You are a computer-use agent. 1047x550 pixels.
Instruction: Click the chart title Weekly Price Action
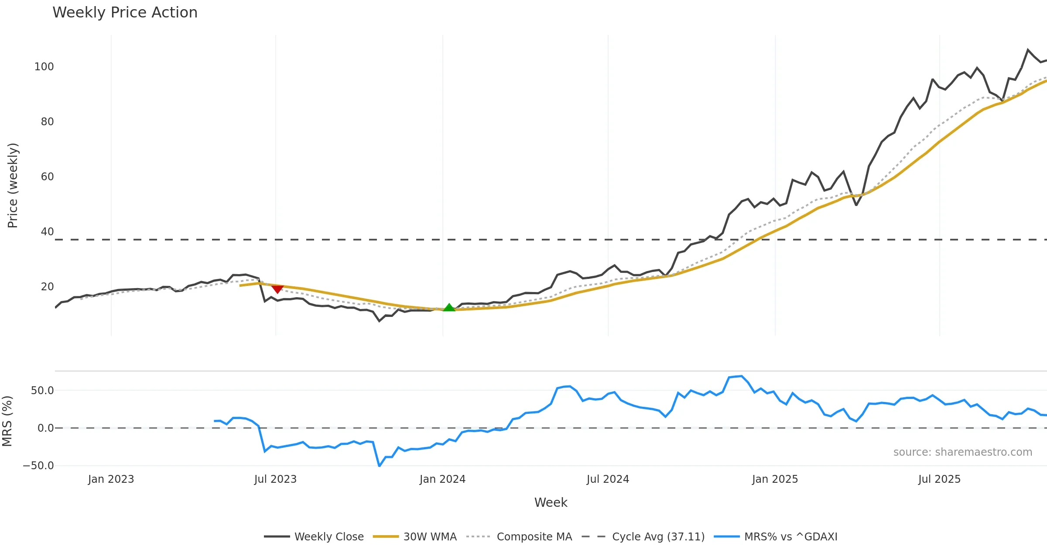pos(125,13)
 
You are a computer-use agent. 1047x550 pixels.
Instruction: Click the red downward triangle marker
pos(277,289)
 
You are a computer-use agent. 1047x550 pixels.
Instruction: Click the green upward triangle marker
pos(449,307)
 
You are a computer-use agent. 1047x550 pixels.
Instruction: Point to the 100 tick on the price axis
pos(44,67)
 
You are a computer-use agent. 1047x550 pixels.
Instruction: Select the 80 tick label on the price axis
pos(47,122)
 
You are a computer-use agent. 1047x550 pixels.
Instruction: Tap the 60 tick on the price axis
pos(47,177)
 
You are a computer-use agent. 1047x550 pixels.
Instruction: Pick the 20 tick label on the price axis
pos(47,287)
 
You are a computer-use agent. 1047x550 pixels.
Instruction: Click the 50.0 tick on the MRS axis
pos(42,391)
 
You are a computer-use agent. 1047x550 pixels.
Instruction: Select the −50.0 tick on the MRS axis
pos(38,466)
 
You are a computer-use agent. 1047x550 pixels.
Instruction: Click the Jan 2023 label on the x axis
pos(111,479)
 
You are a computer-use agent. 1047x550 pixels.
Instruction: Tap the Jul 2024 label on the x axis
pos(608,479)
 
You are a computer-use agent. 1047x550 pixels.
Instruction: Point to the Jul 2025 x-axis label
pos(939,479)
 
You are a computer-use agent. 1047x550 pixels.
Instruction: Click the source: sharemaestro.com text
pos(962,452)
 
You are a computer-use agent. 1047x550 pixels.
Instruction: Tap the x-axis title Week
pos(551,503)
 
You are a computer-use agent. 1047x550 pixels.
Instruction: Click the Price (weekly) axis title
pos(13,186)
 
